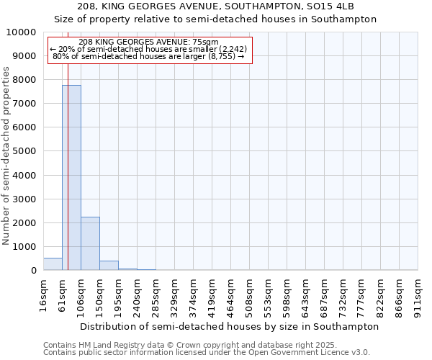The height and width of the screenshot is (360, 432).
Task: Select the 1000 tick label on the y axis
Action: [x=27, y=247]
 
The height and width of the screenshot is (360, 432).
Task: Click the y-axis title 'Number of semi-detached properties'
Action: [x=7, y=156]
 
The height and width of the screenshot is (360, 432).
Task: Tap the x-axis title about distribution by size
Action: [x=229, y=326]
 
